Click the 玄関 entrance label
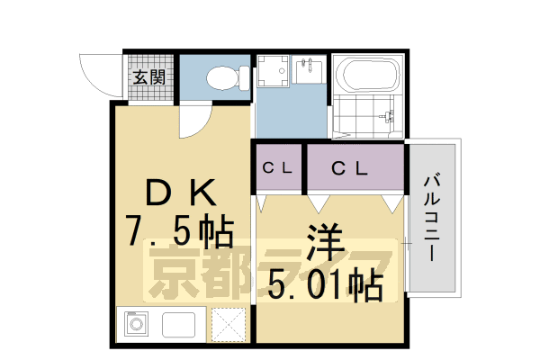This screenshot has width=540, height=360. (149, 76)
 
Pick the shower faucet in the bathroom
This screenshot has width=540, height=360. (389, 115)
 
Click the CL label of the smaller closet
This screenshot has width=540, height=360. (277, 167)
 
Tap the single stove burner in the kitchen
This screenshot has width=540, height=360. (138, 323)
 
